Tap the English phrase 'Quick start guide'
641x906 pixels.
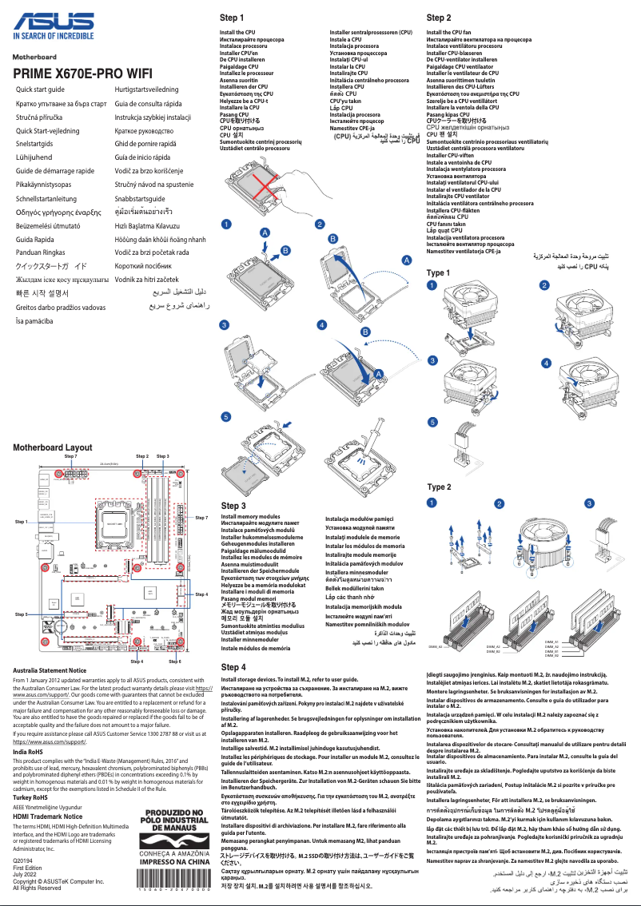tap(40, 89)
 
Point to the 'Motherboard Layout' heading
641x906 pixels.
tap(53, 448)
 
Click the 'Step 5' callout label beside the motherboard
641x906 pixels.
tap(22, 614)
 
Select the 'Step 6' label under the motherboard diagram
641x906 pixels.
tap(175, 662)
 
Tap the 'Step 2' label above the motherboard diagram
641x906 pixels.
tap(142, 456)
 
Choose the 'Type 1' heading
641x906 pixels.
tap(438, 273)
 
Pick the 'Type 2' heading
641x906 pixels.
tap(439, 487)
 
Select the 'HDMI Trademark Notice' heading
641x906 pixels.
tap(48, 817)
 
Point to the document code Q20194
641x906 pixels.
tap(23, 860)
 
